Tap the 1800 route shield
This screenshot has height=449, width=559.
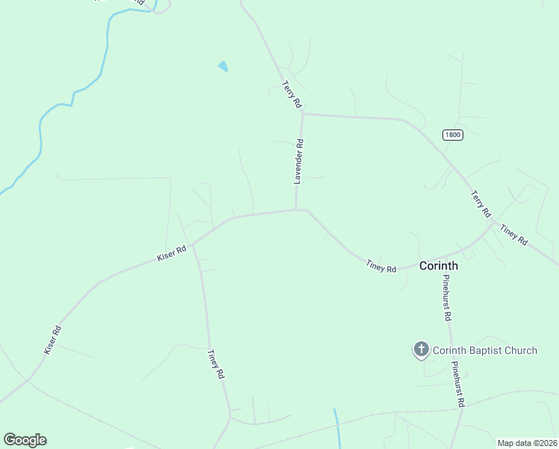tap(452, 135)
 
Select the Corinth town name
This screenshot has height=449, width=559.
tap(439, 266)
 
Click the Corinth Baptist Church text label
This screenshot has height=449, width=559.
tap(484, 350)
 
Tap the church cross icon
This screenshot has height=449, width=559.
tap(421, 349)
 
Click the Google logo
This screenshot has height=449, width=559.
tap(25, 440)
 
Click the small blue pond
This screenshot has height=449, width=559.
tap(223, 67)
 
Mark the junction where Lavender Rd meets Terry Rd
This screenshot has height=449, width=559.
tap(303, 114)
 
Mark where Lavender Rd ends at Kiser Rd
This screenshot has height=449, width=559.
tap(297, 210)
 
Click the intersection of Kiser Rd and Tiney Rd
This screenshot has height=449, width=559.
tap(192, 244)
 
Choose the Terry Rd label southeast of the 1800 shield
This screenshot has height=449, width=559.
tap(480, 204)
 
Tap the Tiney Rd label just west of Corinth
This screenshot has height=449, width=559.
tap(381, 265)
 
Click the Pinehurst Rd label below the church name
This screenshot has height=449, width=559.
tap(457, 385)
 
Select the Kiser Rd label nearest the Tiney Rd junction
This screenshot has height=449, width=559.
tap(171, 254)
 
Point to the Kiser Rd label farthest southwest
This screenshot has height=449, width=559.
tap(52, 340)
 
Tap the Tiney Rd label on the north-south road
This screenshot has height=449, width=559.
tap(216, 364)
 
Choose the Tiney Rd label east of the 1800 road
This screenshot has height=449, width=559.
tap(514, 236)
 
